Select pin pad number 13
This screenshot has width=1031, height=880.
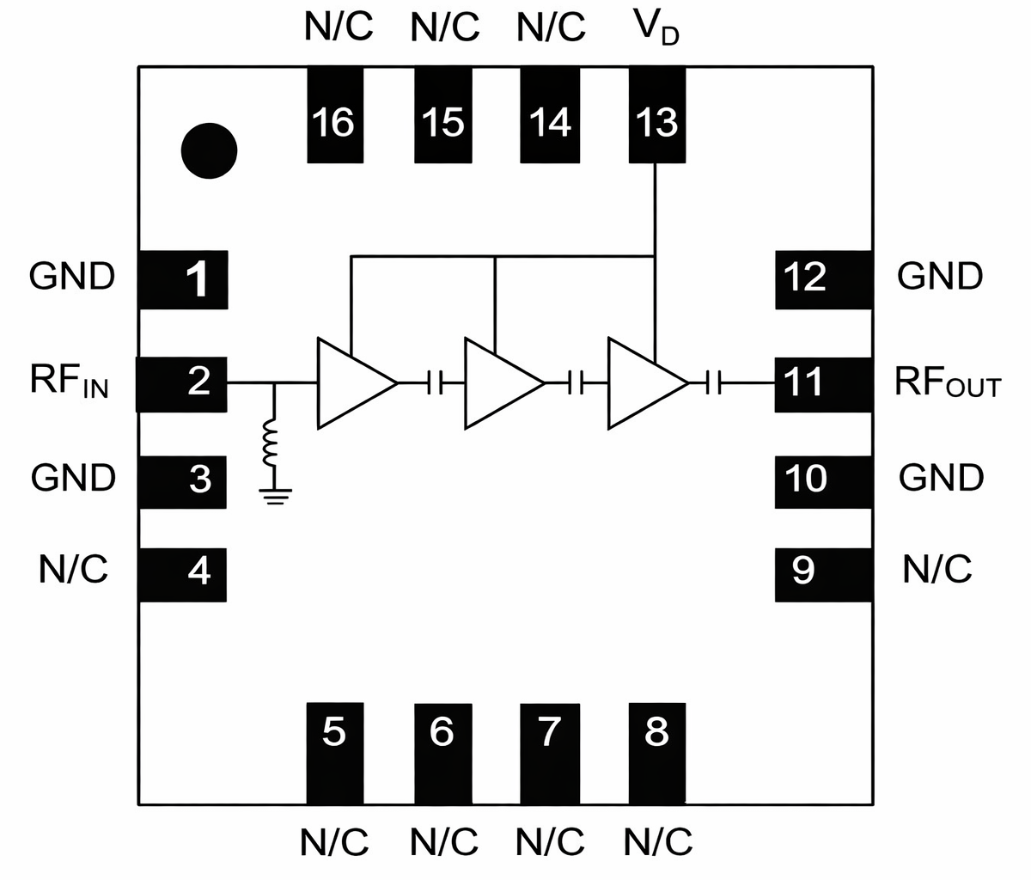pyautogui.click(x=657, y=116)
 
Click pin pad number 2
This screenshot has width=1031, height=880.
pyautogui.click(x=182, y=382)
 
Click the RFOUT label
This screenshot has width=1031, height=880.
pyautogui.click(x=948, y=382)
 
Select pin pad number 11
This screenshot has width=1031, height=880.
pyautogui.click(x=823, y=382)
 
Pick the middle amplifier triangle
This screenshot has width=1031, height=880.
pyautogui.click(x=498, y=382)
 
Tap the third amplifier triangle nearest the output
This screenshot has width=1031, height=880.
pyautogui.click(x=642, y=382)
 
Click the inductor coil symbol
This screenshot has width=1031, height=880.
pyautogui.click(x=273, y=443)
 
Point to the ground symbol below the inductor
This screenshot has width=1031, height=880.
pyautogui.click(x=274, y=496)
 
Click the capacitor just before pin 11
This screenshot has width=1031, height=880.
pyautogui.click(x=716, y=382)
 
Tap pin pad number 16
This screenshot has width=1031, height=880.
pyautogui.click(x=335, y=116)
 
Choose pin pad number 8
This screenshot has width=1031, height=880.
pyautogui.click(x=657, y=752)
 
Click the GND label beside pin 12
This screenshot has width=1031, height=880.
pyautogui.click(x=940, y=277)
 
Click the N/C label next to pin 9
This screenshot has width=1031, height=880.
pyautogui.click(x=936, y=569)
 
